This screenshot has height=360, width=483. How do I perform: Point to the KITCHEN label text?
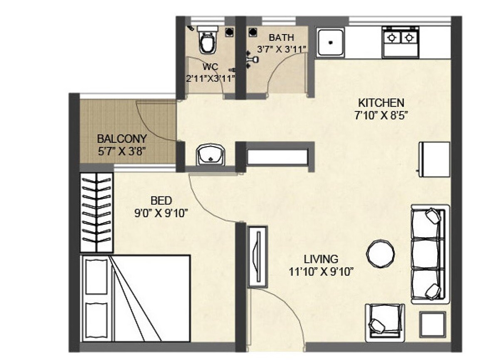tap(381, 102)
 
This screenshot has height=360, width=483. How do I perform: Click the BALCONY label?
tap(121, 139)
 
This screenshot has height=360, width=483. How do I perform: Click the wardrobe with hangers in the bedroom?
tap(97, 211)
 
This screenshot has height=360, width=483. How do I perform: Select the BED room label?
tap(161, 201)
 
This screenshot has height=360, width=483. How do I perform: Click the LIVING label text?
tap(321, 260)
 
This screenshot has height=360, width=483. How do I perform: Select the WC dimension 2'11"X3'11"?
tap(211, 77)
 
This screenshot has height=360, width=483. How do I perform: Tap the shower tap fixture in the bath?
tap(250, 59)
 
